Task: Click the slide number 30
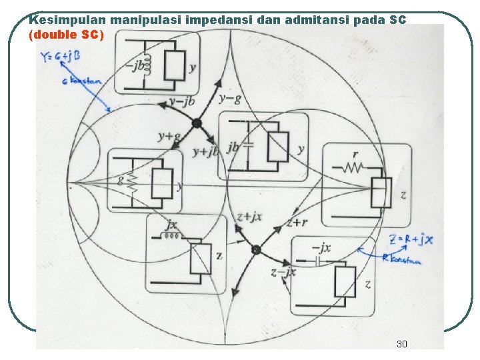[401, 344]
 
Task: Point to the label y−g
[229, 99]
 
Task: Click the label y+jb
[205, 151]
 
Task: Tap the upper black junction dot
[197, 123]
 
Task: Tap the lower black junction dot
[255, 250]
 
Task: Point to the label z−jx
[283, 272]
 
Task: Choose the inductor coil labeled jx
[173, 235]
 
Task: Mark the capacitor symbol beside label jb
[249, 146]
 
